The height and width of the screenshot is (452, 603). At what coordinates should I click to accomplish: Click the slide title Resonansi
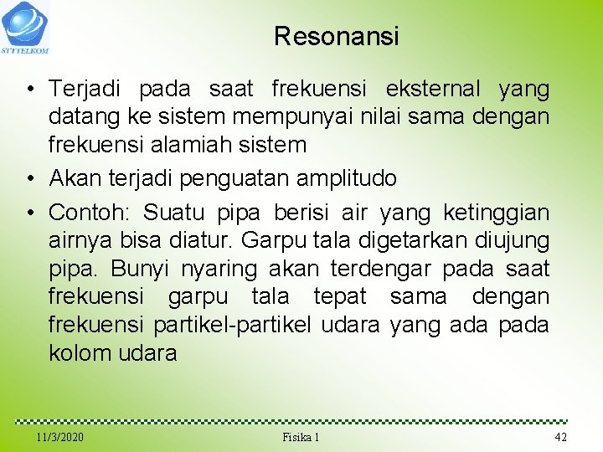(337, 37)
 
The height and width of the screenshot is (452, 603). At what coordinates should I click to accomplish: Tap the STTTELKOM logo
(25, 27)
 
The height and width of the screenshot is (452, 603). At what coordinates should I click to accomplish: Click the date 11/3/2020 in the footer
(60, 438)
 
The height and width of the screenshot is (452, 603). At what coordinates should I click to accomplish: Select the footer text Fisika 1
(301, 438)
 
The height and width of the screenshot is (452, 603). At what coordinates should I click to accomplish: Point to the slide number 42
(561, 438)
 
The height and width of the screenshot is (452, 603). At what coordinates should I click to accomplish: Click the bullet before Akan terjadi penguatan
(30, 178)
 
